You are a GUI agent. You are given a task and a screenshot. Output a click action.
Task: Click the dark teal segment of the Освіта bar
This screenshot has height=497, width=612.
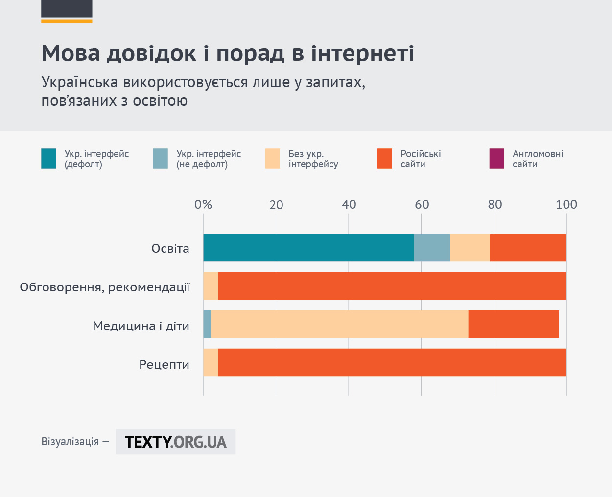click(308, 248)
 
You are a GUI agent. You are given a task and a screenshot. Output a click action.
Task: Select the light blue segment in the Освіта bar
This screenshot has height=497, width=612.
click(432, 248)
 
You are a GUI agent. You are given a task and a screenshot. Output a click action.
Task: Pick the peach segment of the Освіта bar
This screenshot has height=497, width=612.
click(470, 248)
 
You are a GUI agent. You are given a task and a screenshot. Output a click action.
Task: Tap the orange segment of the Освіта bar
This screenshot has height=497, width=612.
click(528, 248)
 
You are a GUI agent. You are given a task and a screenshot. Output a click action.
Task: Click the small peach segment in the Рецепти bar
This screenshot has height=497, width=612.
click(211, 362)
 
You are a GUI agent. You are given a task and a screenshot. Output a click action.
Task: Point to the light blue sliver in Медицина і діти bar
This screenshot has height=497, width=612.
click(207, 324)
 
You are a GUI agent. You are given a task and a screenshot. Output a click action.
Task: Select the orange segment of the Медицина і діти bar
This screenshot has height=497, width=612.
click(514, 324)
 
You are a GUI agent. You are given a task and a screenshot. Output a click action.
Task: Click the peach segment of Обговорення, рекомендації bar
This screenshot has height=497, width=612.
click(211, 286)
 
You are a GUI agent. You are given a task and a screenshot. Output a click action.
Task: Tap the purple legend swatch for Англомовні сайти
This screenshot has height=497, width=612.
click(497, 159)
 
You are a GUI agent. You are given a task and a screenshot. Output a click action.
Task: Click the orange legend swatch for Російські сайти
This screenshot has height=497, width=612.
click(385, 159)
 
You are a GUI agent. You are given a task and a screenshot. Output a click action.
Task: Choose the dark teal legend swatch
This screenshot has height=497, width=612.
click(48, 159)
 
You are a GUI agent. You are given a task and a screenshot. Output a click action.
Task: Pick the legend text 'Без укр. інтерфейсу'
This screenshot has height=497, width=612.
click(313, 159)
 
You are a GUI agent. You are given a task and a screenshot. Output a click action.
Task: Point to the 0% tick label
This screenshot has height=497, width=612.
click(203, 205)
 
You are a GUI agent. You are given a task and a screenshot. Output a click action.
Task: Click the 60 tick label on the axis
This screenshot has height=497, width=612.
click(422, 205)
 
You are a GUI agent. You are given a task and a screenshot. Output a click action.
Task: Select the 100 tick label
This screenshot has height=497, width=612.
click(566, 205)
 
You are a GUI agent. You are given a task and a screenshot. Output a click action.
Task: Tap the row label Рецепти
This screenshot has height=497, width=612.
click(165, 365)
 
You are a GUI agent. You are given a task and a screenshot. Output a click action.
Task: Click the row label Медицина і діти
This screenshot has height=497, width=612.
click(141, 326)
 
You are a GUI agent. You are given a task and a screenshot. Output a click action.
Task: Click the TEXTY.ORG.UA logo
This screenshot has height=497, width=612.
click(176, 442)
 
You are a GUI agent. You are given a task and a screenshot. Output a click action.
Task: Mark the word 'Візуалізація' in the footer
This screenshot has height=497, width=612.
click(70, 442)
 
